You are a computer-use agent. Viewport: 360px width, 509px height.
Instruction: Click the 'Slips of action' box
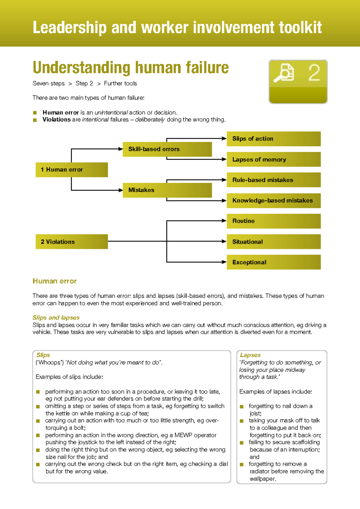click(x=273, y=139)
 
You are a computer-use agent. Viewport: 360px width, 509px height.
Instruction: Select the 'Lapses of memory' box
click(x=273, y=159)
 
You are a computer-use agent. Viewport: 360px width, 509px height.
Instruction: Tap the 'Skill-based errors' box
click(x=167, y=149)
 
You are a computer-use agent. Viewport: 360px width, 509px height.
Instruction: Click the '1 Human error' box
click(x=71, y=170)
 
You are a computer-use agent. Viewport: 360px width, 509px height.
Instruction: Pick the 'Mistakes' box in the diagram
click(x=167, y=190)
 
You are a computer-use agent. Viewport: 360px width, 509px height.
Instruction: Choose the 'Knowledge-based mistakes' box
click(x=273, y=200)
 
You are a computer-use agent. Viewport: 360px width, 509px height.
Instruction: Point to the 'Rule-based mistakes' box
click(x=273, y=180)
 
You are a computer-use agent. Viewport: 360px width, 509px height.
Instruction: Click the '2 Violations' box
click(x=71, y=242)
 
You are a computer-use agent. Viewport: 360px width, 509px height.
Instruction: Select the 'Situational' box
click(x=273, y=242)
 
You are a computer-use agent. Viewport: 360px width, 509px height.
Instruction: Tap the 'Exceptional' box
click(x=273, y=262)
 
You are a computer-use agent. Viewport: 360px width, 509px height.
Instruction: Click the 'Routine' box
click(x=273, y=221)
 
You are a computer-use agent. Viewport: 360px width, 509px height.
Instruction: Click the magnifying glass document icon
click(x=283, y=73)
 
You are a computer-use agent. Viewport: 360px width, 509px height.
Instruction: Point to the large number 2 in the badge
click(x=314, y=73)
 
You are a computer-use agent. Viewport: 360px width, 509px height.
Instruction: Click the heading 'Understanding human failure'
click(x=130, y=68)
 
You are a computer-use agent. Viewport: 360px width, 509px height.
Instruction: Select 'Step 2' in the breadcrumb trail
click(x=84, y=83)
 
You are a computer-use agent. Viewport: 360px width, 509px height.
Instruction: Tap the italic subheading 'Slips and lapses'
click(x=56, y=318)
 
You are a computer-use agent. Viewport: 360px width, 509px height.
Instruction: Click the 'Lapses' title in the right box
click(x=250, y=355)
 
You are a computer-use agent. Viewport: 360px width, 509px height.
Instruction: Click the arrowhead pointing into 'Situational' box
click(x=224, y=241)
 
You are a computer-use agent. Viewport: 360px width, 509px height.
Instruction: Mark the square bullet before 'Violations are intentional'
click(x=35, y=120)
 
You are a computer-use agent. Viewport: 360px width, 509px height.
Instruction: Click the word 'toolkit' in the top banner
click(x=300, y=28)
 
